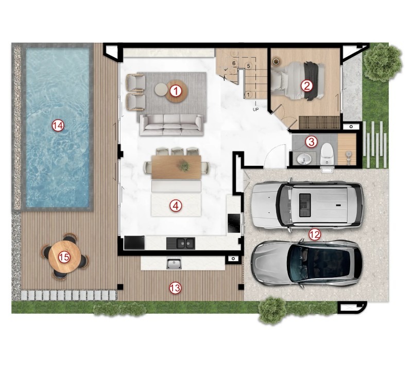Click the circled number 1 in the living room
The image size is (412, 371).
(176, 91)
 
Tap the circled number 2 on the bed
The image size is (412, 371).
(307, 86)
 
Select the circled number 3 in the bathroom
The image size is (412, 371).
(312, 142)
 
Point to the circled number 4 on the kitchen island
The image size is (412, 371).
(176, 206)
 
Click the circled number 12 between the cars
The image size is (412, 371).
(315, 234)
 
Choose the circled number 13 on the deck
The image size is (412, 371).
(175, 288)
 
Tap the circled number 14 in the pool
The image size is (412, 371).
(58, 125)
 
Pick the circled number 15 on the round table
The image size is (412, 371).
(64, 257)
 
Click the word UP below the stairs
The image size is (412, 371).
(255, 109)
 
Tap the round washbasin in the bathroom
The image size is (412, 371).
(304, 159)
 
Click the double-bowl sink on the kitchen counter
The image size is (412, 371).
(181, 243)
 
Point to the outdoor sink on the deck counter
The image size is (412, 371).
(174, 263)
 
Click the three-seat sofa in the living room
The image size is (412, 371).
(171, 125)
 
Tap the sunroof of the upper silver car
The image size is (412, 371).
(305, 205)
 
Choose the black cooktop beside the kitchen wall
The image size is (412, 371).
(234, 223)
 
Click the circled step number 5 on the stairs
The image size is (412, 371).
(248, 66)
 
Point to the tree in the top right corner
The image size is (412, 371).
(383, 62)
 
